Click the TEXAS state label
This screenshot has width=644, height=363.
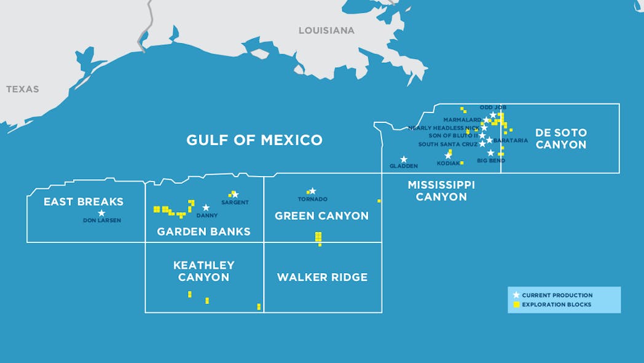[22, 89]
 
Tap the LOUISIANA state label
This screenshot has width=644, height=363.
[326, 30]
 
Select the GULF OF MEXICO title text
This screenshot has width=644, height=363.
[254, 140]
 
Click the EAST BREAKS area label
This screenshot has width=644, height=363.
[84, 202]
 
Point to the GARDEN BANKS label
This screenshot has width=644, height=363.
[203, 232]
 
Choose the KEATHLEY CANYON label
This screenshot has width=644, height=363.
[203, 271]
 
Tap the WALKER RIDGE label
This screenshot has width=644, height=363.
[322, 277]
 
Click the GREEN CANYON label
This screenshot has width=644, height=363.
[321, 216]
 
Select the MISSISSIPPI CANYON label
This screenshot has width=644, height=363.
[441, 191]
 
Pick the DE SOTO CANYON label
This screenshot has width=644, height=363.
[560, 138]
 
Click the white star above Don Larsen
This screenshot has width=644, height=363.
[101, 213]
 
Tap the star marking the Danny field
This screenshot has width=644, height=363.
[206, 208]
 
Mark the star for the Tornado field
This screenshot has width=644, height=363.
[312, 191]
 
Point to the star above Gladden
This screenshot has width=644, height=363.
[404, 159]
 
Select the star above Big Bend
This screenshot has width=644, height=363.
[490, 153]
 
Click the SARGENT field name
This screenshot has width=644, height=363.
[235, 202]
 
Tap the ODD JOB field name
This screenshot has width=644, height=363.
[493, 107]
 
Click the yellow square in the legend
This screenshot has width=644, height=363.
[516, 305]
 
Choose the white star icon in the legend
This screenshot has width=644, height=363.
[516, 295]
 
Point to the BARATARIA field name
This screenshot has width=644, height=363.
[510, 140]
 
